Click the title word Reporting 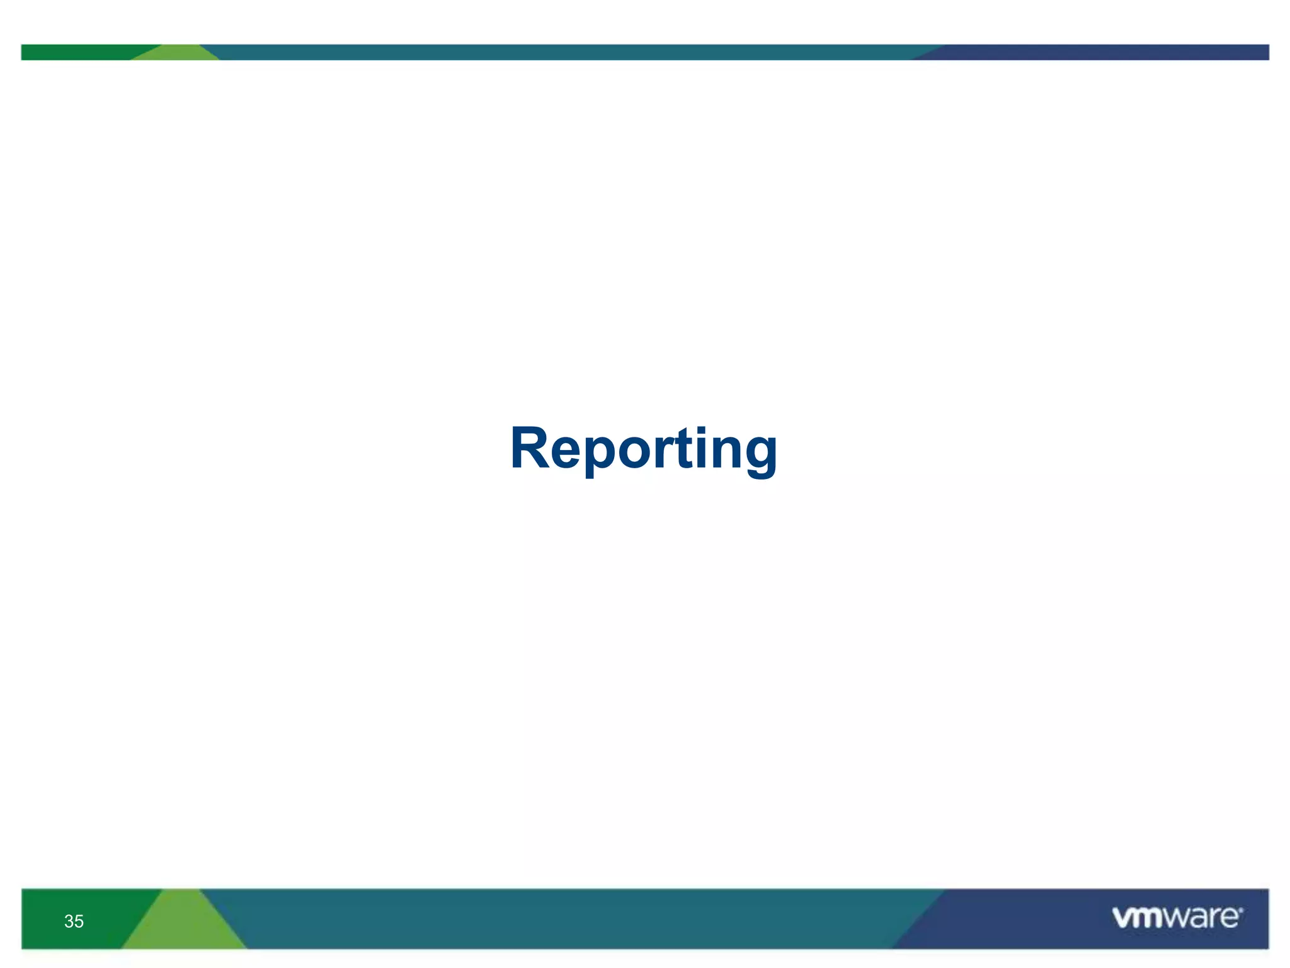[644, 449]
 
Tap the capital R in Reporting [530, 448]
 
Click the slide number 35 [74, 921]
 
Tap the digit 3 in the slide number [69, 921]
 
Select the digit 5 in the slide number [79, 921]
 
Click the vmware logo [1177, 918]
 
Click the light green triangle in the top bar [176, 54]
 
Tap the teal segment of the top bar [567, 52]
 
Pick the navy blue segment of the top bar [1102, 52]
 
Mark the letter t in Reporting [683, 449]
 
